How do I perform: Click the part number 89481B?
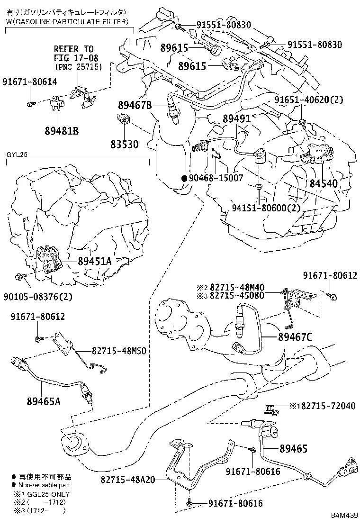(x=62, y=131)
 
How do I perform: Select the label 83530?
(x=125, y=144)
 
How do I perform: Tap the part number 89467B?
(x=135, y=105)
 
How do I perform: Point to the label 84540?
(x=324, y=183)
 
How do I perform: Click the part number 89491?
(x=237, y=118)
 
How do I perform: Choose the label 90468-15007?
(x=216, y=178)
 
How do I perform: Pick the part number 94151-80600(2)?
(x=266, y=208)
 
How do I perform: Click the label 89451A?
(x=95, y=261)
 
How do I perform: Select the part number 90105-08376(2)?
(x=38, y=297)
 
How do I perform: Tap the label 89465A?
(x=44, y=401)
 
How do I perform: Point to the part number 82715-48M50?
(x=119, y=351)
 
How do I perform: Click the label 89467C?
(x=295, y=337)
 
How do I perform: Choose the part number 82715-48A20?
(x=128, y=479)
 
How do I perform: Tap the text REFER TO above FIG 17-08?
(x=74, y=49)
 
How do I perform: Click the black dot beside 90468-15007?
(x=184, y=179)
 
